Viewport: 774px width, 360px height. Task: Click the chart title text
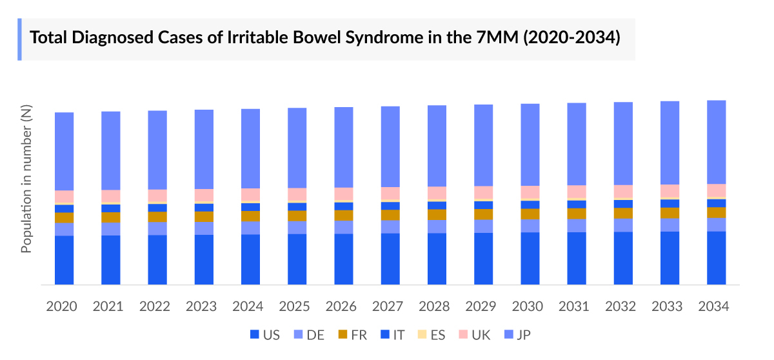(x=326, y=38)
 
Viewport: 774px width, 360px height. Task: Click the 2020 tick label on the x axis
(x=62, y=306)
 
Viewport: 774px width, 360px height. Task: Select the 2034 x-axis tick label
(x=713, y=306)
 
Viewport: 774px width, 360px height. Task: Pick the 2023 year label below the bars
(x=202, y=306)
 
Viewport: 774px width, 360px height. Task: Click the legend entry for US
(x=264, y=334)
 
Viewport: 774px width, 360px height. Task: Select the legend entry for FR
(x=353, y=334)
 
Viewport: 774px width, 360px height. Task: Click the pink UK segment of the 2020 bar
(x=64, y=196)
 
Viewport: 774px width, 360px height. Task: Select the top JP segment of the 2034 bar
(x=717, y=142)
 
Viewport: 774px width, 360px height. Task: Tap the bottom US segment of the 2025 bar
(x=297, y=259)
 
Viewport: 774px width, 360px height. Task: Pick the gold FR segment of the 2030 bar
(x=530, y=214)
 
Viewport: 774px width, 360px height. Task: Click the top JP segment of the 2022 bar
(x=157, y=150)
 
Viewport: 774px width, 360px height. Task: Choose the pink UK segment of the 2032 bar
(x=623, y=192)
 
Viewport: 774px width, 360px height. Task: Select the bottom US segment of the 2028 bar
(x=437, y=258)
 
